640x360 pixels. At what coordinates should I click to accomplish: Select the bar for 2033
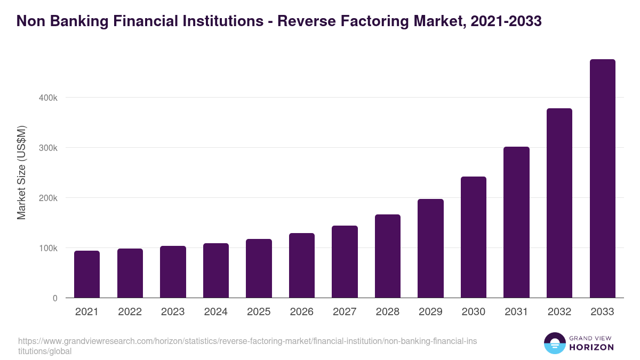coord(602,179)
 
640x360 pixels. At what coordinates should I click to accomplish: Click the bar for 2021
coord(87,274)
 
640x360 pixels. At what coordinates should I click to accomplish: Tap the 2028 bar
coord(387,256)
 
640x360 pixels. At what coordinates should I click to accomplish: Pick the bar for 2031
coord(516,222)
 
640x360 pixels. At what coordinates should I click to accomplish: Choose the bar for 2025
coord(259,268)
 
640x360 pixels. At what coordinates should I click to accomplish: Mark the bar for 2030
coord(474,237)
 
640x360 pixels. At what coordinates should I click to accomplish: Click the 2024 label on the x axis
coord(215,312)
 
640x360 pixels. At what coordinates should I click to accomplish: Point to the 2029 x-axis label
coord(430,312)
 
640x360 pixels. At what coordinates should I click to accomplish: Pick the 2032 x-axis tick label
coord(559,312)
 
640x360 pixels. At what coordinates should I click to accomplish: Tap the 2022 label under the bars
coord(130,312)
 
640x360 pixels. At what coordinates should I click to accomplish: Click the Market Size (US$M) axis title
coord(22,172)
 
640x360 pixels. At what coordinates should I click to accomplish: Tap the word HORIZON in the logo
coord(591,347)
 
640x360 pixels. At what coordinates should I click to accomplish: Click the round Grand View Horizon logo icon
coord(554,343)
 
